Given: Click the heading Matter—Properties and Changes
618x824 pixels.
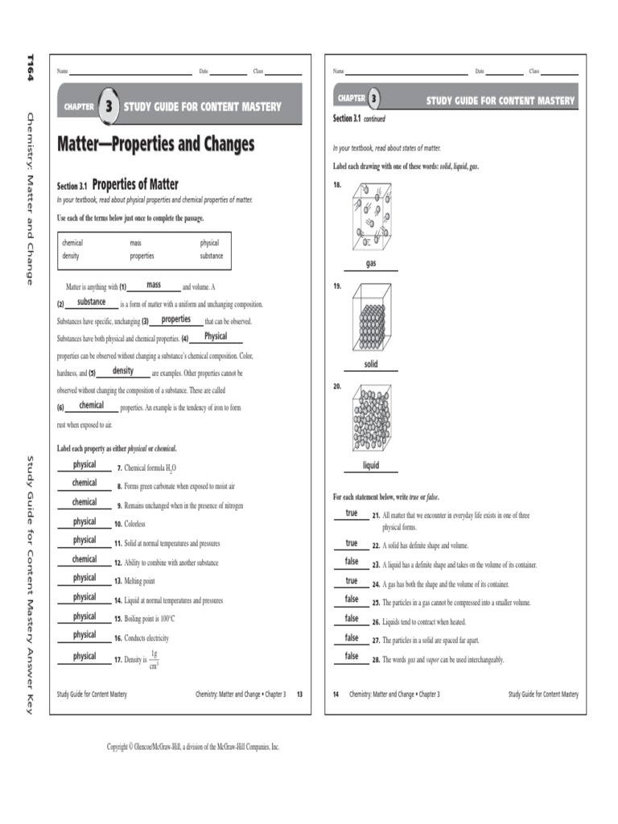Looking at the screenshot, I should pos(155,145).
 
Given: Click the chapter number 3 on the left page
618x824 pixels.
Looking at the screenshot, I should pos(108,106).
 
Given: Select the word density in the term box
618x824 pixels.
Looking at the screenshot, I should pos(71,257).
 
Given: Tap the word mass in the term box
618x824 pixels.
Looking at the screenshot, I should pos(136,242).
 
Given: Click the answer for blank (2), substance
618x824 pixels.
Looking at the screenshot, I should pos(91,302).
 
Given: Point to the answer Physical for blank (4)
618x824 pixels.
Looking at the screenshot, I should pos(216,336).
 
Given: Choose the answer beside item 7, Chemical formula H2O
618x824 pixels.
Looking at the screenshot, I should pos(84,464).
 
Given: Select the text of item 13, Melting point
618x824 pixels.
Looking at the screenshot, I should pos(139,581).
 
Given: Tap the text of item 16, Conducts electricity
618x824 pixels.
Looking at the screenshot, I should pos(146,638).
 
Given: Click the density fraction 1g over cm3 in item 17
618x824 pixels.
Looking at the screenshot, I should pos(154,659).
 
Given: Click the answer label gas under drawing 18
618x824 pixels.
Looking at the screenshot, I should pos(371,264).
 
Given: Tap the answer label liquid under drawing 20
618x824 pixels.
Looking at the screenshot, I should pos(370,465).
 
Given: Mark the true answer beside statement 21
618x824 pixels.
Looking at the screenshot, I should pos(352,513).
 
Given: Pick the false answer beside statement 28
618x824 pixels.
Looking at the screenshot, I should pos(352,656).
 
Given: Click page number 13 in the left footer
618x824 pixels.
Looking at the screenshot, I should pos(299,694).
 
